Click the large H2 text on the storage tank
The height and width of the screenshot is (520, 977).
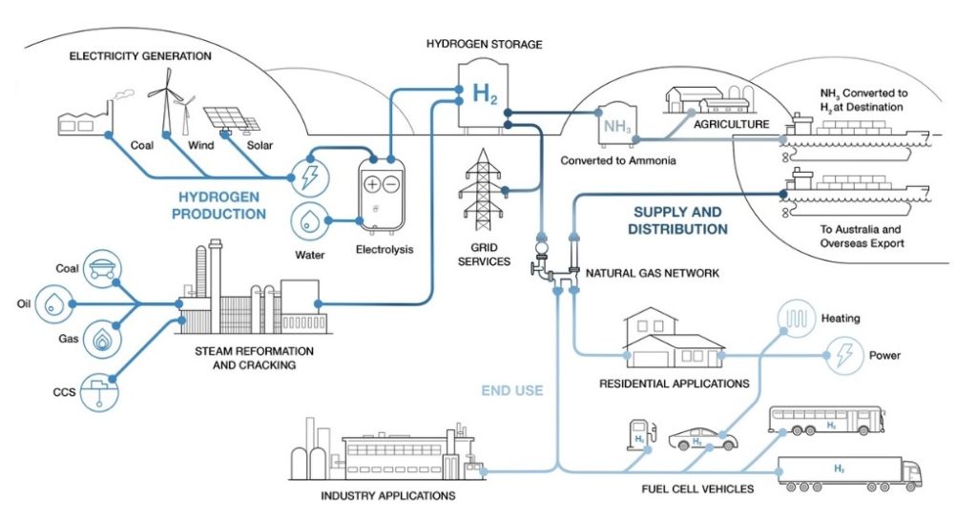tap(485, 93)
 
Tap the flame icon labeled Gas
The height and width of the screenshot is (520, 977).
tap(100, 338)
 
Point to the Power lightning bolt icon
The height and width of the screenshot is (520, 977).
tap(843, 356)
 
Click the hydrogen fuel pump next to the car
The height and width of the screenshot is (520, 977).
tap(637, 435)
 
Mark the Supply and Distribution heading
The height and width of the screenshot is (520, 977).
tap(677, 220)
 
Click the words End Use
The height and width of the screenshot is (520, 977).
tap(511, 390)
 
